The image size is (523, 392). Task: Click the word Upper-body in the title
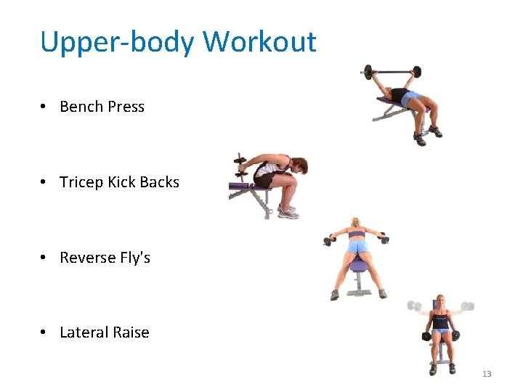click(x=117, y=42)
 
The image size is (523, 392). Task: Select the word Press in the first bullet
click(x=127, y=107)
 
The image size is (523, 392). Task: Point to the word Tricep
click(x=81, y=182)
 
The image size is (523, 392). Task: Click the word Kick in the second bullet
click(x=121, y=182)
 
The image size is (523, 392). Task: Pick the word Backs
click(x=159, y=182)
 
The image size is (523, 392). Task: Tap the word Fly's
click(x=136, y=258)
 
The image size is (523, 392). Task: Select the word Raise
click(x=133, y=332)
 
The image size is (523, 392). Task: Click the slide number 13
click(x=487, y=374)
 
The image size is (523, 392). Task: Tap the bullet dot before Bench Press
click(x=45, y=107)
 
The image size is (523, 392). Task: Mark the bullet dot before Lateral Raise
click(x=45, y=332)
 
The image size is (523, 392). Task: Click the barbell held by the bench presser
click(x=391, y=72)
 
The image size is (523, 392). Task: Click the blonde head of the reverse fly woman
click(x=356, y=223)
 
